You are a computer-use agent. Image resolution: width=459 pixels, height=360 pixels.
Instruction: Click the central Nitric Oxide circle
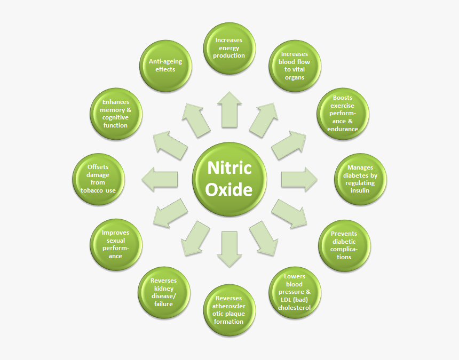(230, 179)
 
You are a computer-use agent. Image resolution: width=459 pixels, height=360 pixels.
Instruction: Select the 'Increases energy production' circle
(230, 49)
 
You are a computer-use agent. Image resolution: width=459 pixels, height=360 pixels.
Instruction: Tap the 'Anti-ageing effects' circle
(165, 66)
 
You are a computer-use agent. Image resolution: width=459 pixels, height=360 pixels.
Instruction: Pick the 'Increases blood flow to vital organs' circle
(295, 66)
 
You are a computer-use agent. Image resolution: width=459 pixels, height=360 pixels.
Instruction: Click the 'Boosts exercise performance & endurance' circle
(343, 114)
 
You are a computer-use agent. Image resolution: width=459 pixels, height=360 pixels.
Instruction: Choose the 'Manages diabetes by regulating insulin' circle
(360, 179)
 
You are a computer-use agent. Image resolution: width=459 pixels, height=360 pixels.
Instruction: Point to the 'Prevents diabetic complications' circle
(344, 246)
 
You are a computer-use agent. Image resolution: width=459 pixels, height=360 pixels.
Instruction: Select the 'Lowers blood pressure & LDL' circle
(295, 292)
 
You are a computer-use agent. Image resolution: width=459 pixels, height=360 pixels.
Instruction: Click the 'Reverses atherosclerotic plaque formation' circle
(230, 310)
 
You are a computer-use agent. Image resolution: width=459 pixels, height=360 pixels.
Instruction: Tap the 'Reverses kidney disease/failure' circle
(164, 292)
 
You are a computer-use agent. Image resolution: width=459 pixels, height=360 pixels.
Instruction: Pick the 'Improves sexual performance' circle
(116, 245)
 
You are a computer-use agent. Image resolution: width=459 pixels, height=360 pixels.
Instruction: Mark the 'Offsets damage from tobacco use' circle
(98, 179)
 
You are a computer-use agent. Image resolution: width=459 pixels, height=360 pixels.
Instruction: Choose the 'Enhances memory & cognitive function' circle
(116, 114)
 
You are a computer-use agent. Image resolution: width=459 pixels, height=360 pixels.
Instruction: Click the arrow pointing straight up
(230, 110)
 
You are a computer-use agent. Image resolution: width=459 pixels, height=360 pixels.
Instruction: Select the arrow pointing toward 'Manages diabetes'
(299, 179)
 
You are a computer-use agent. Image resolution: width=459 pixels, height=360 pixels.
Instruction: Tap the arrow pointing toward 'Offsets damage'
(160, 179)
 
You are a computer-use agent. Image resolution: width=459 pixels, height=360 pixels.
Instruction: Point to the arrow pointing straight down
(230, 249)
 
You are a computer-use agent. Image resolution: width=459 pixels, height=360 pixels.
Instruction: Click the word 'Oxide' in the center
(229, 189)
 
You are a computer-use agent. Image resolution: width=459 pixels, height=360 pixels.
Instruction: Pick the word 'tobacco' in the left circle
(92, 190)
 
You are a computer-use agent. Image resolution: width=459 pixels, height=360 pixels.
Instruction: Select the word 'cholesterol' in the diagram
(294, 308)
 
